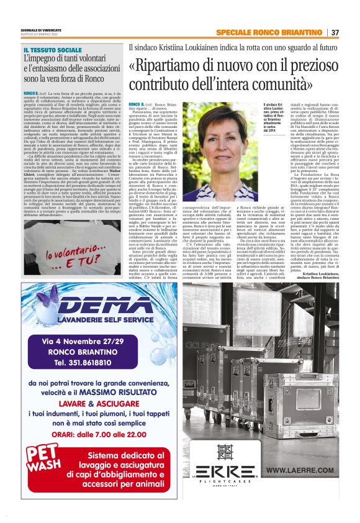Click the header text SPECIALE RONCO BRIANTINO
[269, 32]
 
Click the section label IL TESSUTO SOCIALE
[53, 49]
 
